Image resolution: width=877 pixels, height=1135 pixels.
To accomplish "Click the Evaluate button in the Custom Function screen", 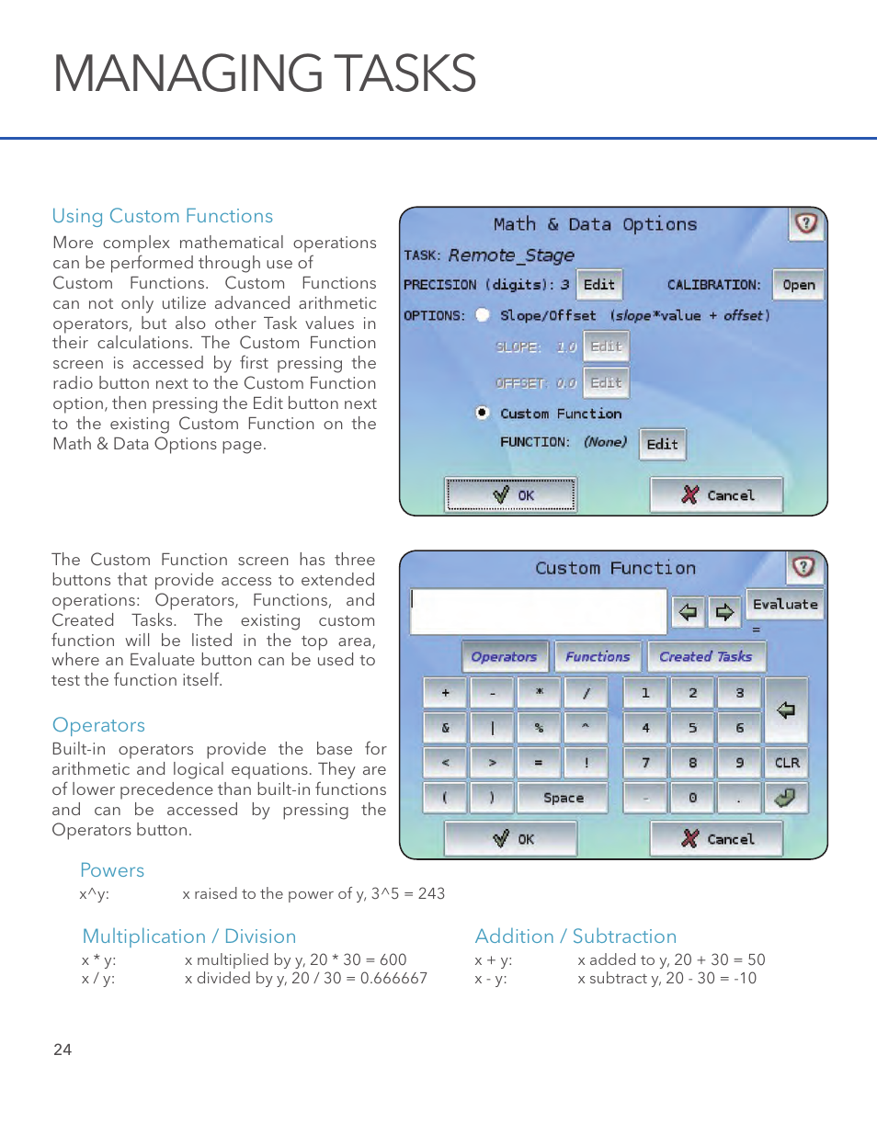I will (785, 604).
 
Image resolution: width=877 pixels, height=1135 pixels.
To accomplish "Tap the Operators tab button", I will (504, 656).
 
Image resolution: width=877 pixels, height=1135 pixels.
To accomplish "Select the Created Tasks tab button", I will (705, 656).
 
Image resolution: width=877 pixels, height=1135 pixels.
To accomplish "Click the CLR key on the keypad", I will (787, 763).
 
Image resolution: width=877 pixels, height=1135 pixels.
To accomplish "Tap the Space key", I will (563, 798).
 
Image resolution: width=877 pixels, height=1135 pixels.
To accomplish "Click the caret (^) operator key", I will (586, 727).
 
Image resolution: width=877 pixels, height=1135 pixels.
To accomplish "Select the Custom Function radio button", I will (483, 413).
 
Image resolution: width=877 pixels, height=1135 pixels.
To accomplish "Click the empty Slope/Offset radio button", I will (483, 315).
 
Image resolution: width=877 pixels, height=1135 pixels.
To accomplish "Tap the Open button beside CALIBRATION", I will (798, 285).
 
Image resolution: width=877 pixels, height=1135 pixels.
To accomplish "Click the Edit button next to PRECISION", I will (599, 285).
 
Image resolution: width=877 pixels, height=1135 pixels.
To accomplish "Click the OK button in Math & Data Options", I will (511, 494).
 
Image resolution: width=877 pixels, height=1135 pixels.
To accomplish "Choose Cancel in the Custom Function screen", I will (716, 838).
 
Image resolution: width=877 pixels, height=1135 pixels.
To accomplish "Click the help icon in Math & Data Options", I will (805, 223).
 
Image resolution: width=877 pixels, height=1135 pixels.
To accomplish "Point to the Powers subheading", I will (112, 870).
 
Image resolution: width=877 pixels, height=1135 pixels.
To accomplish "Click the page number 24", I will (63, 1050).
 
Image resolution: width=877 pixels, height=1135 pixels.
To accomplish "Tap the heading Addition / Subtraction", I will (575, 936).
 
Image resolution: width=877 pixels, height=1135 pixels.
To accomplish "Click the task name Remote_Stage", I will (511, 255).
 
